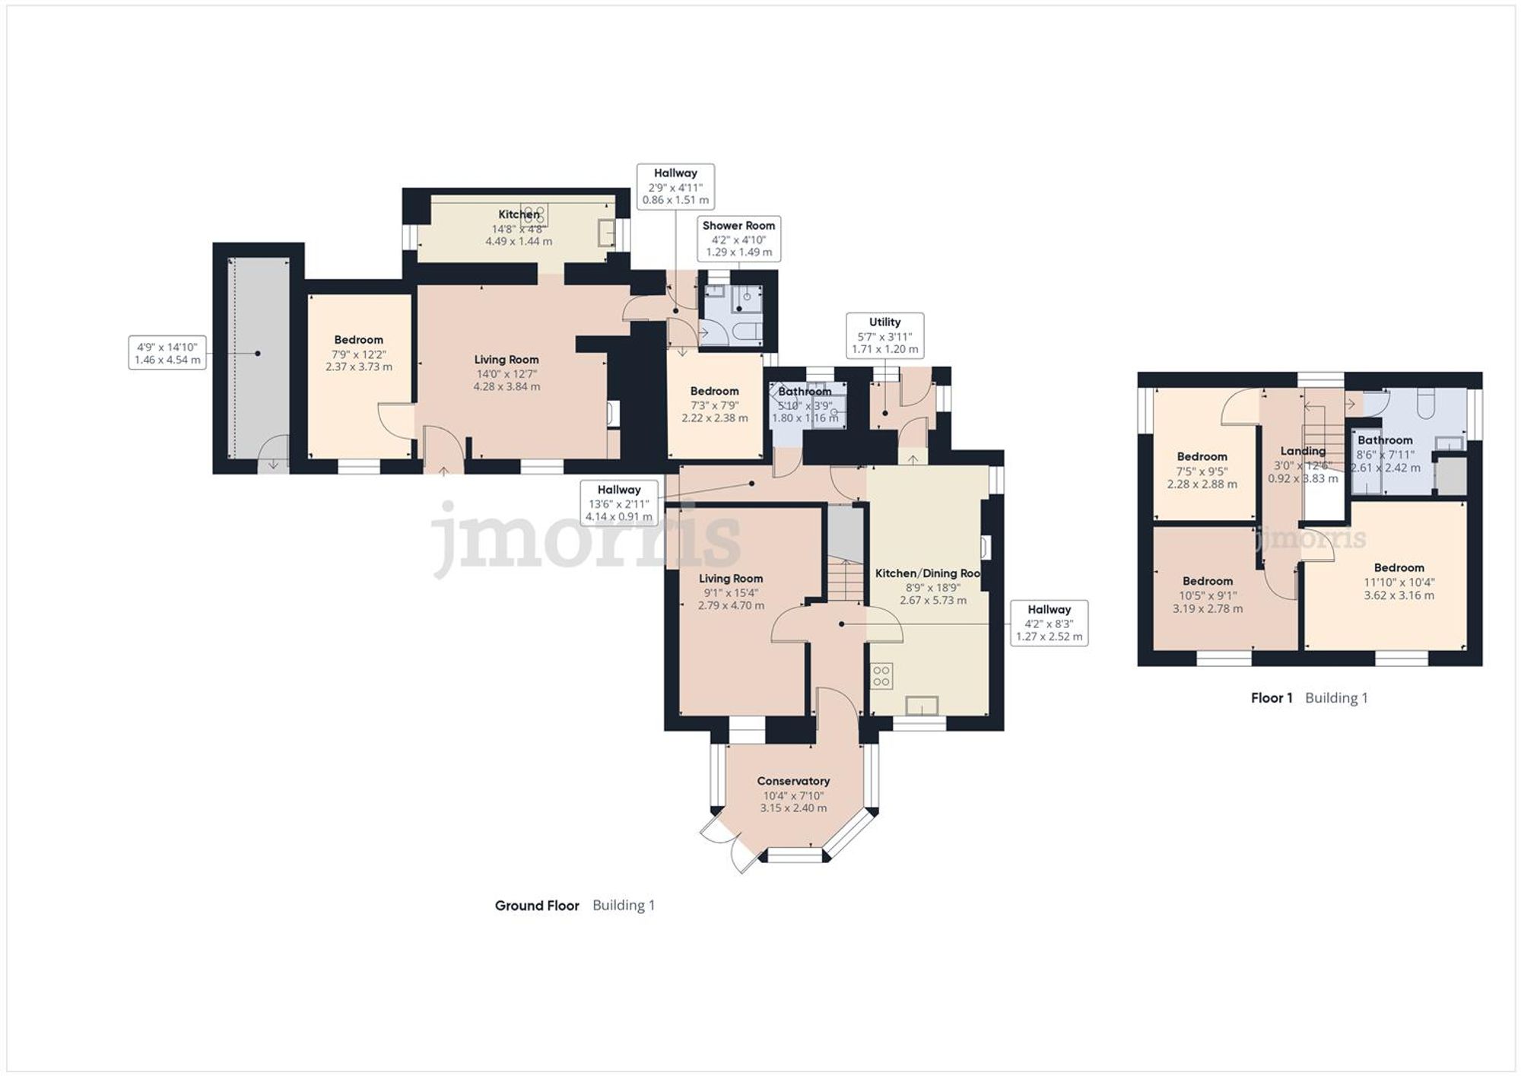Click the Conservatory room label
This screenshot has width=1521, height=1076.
point(793,781)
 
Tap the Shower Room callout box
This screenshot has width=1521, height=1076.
point(738,238)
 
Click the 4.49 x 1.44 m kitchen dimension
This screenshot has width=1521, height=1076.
point(519,241)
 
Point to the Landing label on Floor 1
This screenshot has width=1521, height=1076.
point(1303,451)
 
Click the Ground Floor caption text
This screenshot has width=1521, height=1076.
point(537,906)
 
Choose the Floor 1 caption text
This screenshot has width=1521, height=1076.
point(1272,698)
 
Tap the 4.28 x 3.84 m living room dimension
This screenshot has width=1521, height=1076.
point(506,386)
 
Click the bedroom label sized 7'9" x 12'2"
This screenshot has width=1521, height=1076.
point(358,340)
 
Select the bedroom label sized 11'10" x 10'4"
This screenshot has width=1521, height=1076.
point(1399,568)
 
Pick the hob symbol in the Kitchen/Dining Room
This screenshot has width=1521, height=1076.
point(882,676)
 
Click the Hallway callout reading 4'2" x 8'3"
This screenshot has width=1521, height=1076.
point(1049,623)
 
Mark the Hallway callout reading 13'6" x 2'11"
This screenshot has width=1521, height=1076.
point(619,503)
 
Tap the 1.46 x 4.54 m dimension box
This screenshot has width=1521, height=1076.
point(167,354)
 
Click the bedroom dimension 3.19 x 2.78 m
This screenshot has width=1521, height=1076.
point(1208,608)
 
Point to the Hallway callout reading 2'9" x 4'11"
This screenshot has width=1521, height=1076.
point(675,186)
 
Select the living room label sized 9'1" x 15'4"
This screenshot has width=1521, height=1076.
point(731,579)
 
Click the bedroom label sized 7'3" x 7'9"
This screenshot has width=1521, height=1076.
point(714,391)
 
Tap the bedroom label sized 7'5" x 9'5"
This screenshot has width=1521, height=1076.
point(1202,457)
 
